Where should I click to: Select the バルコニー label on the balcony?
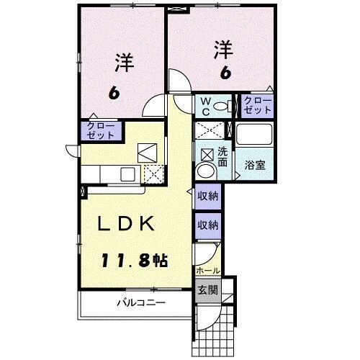click(141, 303)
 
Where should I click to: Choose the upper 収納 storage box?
click(208, 196)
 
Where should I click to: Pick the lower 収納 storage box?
click(208, 225)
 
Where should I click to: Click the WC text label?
click(206, 107)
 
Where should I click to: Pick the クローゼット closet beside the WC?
click(257, 105)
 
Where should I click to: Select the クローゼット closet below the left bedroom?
click(100, 130)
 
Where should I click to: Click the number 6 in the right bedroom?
click(225, 73)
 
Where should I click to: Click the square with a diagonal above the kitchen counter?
click(148, 152)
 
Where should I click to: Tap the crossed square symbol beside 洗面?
click(207, 153)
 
